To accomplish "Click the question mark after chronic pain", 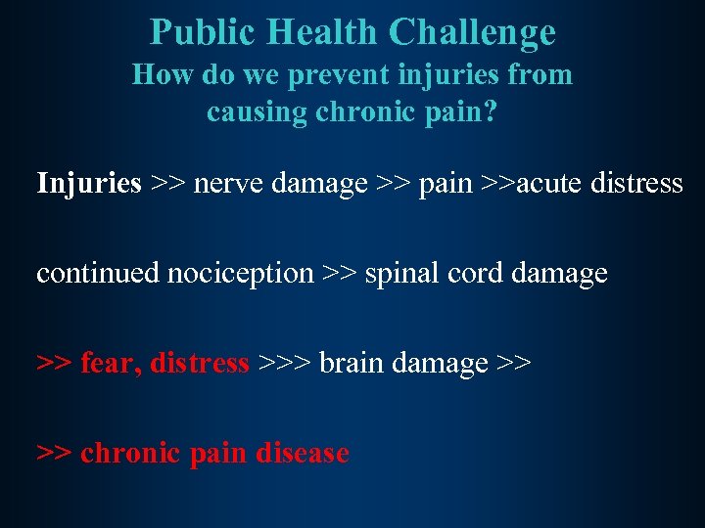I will (x=490, y=111).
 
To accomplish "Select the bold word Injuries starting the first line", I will (x=89, y=183).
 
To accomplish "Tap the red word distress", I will (x=200, y=364).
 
